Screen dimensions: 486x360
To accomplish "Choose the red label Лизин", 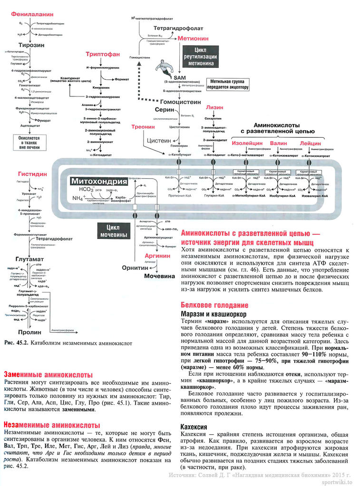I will tap(215, 107).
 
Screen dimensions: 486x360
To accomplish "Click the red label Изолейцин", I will tap(247, 143).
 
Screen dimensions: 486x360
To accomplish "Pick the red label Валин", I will tap(279, 143).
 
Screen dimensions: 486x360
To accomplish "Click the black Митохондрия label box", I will tap(99, 181).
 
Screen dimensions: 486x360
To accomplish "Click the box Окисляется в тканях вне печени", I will tap(29, 142).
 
